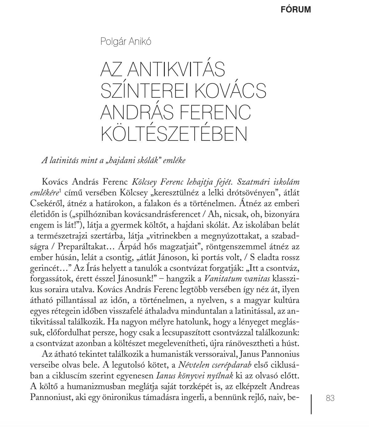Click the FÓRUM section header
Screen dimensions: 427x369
coord(296,10)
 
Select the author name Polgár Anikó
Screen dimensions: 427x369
coord(126,41)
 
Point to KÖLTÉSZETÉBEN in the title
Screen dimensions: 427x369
coord(174,134)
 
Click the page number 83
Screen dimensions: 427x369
coord(330,398)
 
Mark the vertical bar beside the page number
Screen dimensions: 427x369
coord(311,404)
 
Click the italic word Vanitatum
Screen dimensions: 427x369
coord(219,279)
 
